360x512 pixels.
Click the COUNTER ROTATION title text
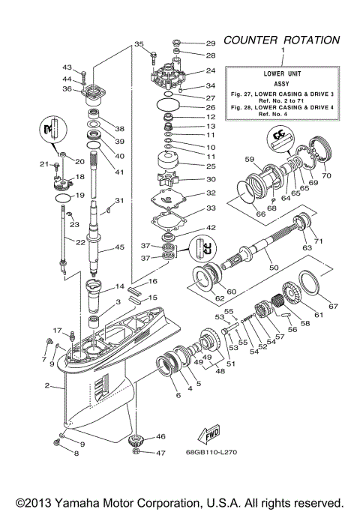point(282,40)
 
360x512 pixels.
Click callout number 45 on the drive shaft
point(119,248)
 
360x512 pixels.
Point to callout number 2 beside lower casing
point(47,386)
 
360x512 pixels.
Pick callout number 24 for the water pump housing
point(210,72)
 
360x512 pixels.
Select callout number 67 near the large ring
point(334,306)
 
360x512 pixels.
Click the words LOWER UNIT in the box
point(283,75)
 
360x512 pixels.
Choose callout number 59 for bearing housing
point(250,159)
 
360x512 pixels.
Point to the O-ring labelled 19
point(65,196)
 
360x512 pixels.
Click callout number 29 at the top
point(210,43)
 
